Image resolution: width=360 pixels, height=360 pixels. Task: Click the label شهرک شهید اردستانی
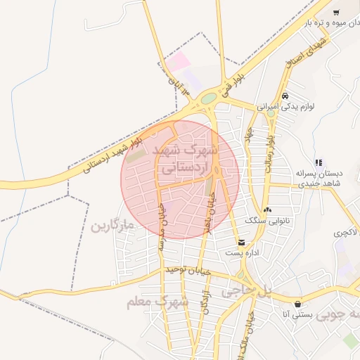186,160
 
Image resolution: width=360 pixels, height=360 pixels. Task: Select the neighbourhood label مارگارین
112,226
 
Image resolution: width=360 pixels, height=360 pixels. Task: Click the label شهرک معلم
157,302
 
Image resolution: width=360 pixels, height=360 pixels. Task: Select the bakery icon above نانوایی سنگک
267,210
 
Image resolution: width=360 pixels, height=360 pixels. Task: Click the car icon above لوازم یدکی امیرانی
284,96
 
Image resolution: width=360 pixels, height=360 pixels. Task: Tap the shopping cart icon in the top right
336,12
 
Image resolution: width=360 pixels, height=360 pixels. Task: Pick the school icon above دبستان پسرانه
319,162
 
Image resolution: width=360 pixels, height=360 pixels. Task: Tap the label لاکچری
345,232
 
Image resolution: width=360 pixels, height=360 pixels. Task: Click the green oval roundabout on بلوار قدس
208,99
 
